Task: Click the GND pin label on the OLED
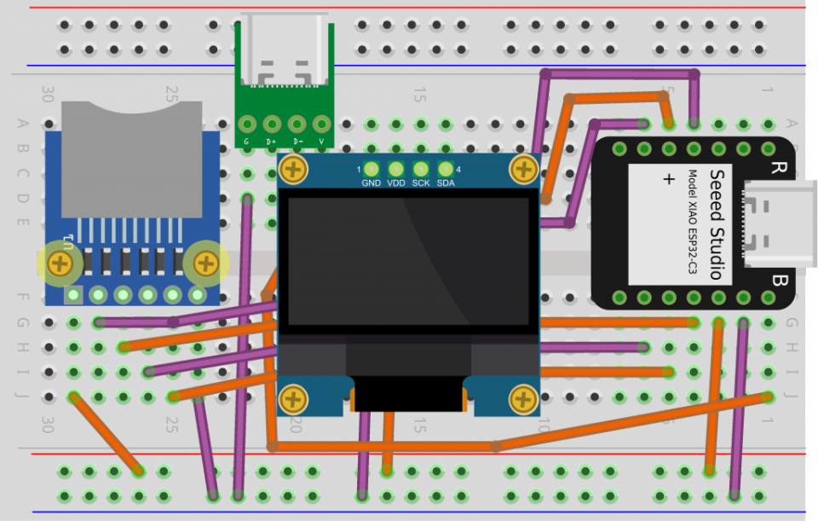(371, 182)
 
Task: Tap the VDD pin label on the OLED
(395, 182)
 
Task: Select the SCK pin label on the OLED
(421, 182)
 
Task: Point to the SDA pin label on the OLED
(446, 182)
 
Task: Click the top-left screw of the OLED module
(293, 170)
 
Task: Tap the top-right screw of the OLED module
(521, 170)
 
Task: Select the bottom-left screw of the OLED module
(293, 397)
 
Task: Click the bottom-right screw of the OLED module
(521, 397)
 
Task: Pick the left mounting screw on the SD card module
(60, 263)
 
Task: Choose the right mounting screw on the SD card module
(205, 263)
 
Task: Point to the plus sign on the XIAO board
(667, 179)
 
